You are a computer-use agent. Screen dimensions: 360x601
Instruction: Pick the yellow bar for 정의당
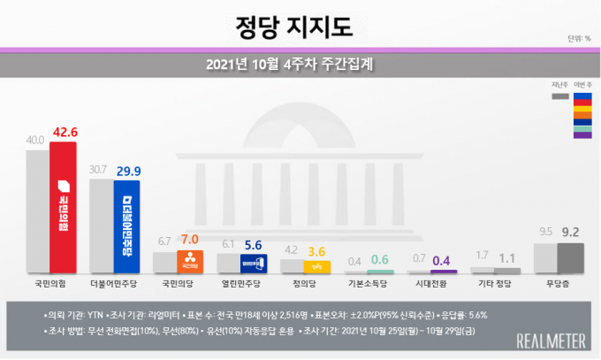click(x=317, y=266)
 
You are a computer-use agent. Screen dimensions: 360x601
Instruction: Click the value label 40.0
click(x=36, y=140)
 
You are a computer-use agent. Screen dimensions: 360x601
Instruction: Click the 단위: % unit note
click(x=579, y=40)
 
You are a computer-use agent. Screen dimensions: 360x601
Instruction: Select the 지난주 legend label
click(x=559, y=84)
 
